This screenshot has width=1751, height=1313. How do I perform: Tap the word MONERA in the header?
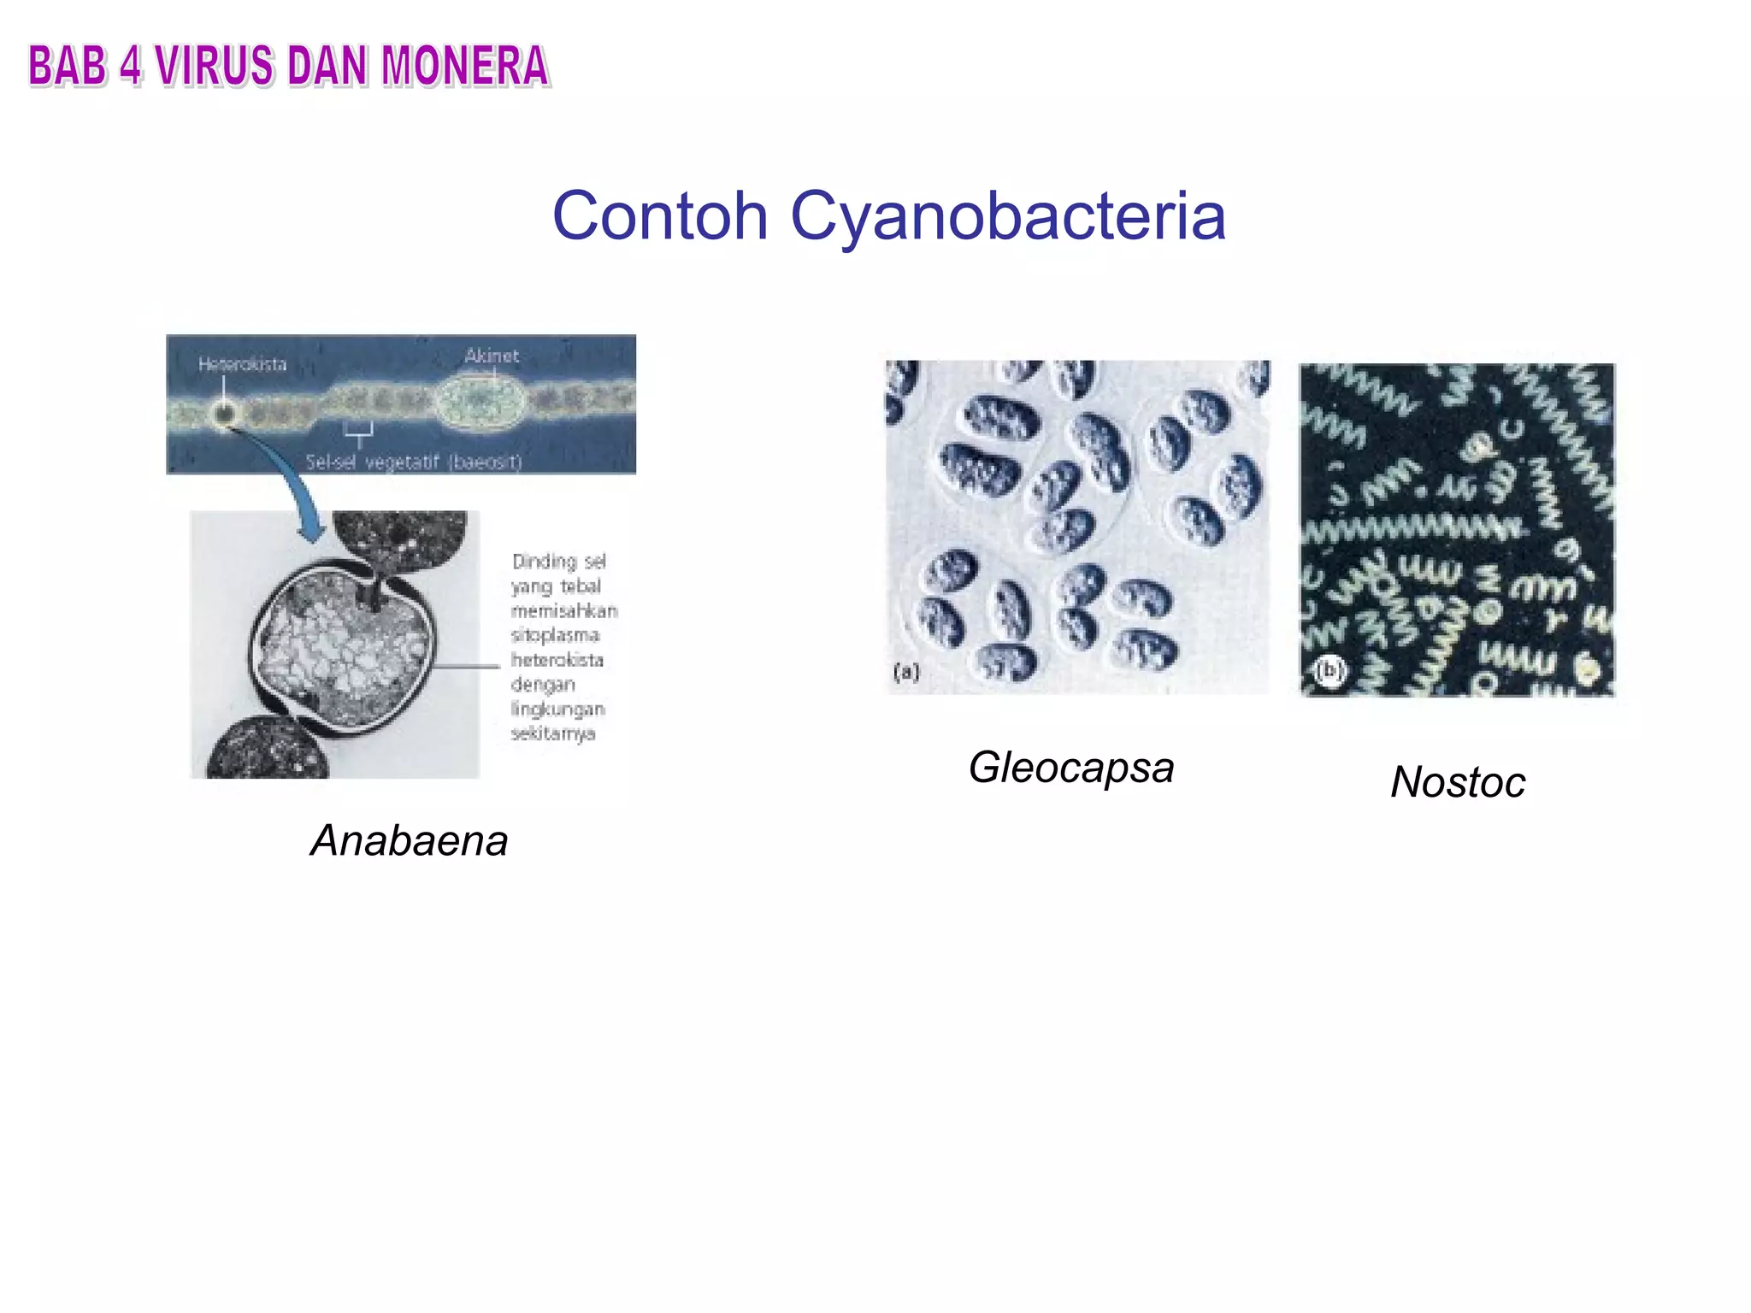[x=464, y=67]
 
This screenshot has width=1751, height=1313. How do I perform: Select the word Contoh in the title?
[x=660, y=215]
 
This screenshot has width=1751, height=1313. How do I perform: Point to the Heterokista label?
[x=242, y=364]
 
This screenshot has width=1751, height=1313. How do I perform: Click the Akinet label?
[x=492, y=356]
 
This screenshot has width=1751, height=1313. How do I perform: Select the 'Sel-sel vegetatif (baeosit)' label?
[x=414, y=462]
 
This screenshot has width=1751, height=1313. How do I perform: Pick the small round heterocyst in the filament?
[x=225, y=415]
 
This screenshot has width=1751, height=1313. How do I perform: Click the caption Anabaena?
[x=410, y=840]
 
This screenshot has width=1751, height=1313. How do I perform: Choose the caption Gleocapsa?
[x=1071, y=767]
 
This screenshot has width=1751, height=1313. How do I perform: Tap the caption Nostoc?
[x=1458, y=781]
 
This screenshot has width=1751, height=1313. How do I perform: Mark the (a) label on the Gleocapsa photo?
[x=906, y=672]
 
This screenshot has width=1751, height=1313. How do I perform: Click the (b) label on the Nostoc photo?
[x=1329, y=671]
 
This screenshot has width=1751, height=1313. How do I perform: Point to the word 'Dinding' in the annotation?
[x=543, y=562]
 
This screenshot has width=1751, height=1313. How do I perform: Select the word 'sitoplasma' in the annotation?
[x=556, y=635]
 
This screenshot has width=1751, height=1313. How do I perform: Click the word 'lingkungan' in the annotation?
[x=558, y=709]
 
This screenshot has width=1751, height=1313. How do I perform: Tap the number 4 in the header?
[x=131, y=67]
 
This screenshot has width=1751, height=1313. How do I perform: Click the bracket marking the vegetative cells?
[x=358, y=432]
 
